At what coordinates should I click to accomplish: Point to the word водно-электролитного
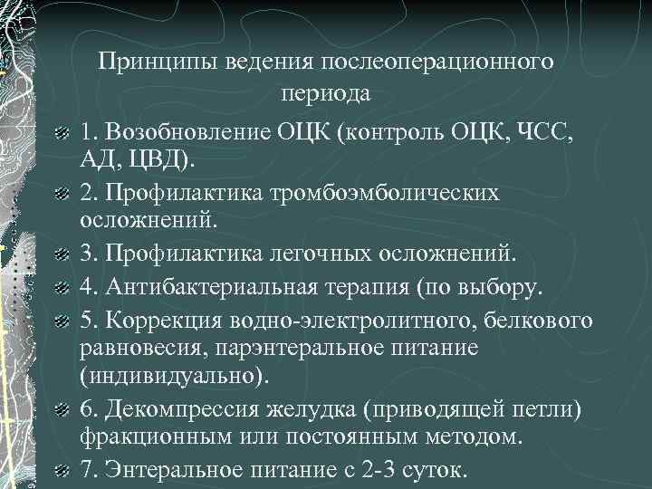[335, 320]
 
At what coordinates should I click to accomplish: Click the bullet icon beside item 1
[61, 134]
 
